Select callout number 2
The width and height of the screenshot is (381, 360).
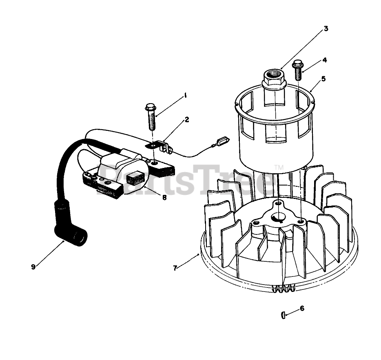click(186, 119)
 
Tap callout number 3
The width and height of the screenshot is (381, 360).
click(326, 29)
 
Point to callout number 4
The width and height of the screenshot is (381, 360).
click(324, 60)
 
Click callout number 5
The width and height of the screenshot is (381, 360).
click(323, 78)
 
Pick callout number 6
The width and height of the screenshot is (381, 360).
click(302, 309)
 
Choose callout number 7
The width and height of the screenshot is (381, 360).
click(175, 268)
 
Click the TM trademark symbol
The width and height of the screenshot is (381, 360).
click(279, 167)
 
